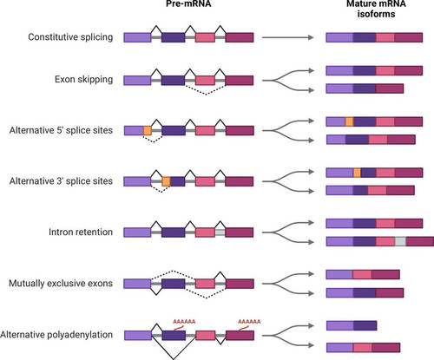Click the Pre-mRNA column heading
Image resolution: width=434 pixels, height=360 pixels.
[188, 3]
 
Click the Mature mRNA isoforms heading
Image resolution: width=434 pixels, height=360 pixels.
[376, 9]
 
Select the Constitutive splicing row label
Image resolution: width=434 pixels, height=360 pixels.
[70, 37]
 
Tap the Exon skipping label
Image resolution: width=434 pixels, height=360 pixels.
[83, 79]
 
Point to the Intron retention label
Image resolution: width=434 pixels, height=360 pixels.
[81, 232]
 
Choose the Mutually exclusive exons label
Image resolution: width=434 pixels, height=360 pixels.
[61, 283]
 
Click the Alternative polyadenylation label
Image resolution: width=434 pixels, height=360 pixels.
[56, 335]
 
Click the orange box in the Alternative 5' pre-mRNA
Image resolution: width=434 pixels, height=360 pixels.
[148, 131]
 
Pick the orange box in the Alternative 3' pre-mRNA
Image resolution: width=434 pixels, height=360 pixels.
[166, 181]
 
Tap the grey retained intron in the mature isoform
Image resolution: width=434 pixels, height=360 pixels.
[400, 241]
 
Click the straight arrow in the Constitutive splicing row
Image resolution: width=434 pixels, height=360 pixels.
[288, 37]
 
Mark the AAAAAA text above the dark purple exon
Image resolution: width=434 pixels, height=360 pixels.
[184, 322]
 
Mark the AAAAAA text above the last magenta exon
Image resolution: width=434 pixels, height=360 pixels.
[249, 322]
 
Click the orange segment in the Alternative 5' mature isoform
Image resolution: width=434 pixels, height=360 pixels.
[349, 121]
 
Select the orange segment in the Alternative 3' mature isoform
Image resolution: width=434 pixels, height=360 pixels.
[357, 173]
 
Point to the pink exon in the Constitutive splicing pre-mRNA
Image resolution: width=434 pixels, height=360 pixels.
[205, 37]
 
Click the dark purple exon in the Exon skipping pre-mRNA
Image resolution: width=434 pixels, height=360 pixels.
[173, 81]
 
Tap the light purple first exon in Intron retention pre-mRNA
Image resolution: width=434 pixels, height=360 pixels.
[137, 232]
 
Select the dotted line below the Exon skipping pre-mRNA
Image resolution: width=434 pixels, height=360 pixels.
[206, 90]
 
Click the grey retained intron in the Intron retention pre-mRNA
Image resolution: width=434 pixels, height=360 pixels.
[220, 232]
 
